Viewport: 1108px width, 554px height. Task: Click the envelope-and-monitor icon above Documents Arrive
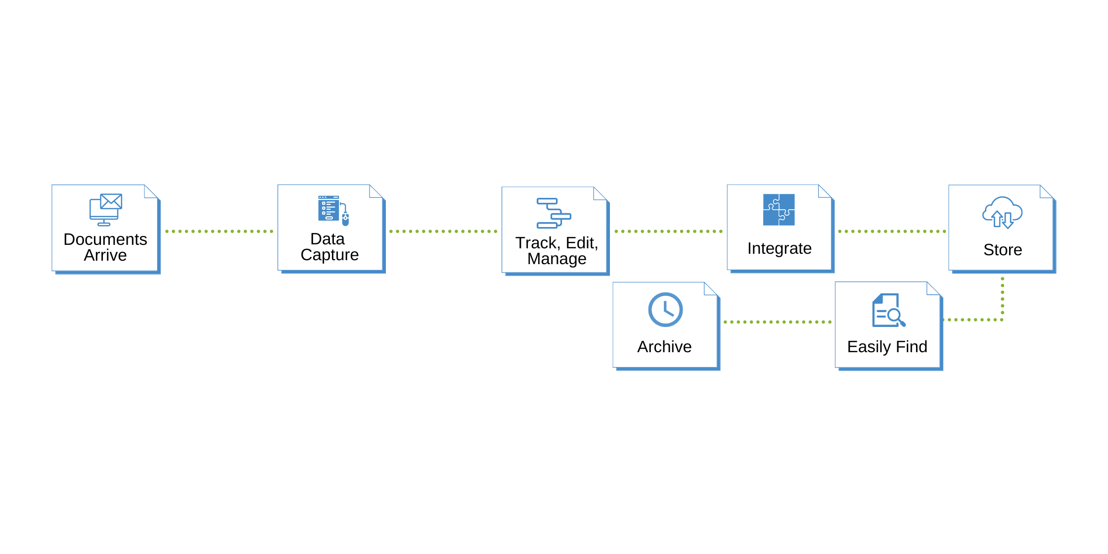point(105,210)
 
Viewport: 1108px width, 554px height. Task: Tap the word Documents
point(105,239)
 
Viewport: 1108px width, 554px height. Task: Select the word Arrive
point(105,255)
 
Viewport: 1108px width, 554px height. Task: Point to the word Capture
point(329,255)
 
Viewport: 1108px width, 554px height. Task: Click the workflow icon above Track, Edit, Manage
point(554,213)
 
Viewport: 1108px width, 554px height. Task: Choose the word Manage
point(556,259)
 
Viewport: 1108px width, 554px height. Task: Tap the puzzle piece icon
point(779,210)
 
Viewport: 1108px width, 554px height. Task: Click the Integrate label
point(779,248)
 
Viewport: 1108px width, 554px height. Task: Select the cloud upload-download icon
point(1002,213)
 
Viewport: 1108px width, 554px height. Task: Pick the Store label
point(1003,250)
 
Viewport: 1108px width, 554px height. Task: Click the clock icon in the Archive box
point(665,310)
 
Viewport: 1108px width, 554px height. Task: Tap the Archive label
point(664,347)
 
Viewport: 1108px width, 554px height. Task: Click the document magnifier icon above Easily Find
point(888,311)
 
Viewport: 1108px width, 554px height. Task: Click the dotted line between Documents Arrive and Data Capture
point(219,231)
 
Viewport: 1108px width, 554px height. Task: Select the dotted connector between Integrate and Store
point(892,231)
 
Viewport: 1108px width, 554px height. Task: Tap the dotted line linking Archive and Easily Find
point(777,322)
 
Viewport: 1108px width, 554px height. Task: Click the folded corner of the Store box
point(1046,191)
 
